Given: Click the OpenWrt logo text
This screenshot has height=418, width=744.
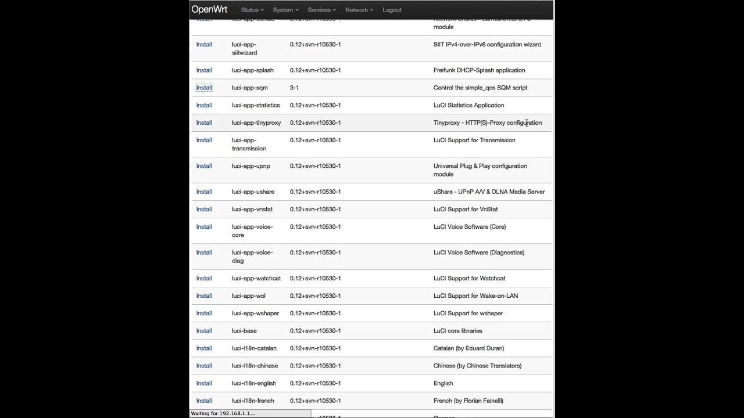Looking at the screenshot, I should pos(209,9).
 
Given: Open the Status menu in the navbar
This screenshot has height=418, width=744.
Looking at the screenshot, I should pos(252,10).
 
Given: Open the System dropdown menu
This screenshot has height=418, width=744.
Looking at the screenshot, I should pos(285,10).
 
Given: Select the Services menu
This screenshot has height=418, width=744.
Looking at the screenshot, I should pos(321,10).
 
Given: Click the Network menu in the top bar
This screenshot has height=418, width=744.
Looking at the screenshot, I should pos(359,10).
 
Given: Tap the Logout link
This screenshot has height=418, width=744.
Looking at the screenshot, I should pos(392,10).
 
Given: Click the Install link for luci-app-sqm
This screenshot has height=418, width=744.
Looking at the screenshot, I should pos(204,88).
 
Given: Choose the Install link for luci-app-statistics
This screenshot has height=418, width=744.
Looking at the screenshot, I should pos(204,105).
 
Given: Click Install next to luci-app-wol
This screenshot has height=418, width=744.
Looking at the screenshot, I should pos(204,296).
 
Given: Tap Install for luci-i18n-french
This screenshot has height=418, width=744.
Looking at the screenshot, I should pos(204,401).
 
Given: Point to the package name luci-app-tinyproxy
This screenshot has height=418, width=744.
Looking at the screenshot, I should pos(256,122).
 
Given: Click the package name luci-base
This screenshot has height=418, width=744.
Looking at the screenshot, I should pos(244,331).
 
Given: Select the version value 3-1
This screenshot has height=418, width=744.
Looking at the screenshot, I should pos(294,88).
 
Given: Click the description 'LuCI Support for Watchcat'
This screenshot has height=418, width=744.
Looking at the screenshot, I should pos(469,278).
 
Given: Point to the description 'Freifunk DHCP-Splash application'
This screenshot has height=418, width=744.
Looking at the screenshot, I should pos(479,70).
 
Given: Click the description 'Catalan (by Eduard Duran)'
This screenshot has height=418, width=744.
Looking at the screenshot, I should pos(468,348).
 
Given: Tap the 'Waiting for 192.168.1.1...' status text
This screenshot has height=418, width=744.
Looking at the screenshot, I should pos(223,413).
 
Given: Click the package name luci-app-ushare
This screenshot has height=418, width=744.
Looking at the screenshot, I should pos(253,192).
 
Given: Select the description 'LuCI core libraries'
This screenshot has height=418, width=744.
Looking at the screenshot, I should pos(457,331).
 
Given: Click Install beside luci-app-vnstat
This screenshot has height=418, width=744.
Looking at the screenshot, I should pos(204,209).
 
